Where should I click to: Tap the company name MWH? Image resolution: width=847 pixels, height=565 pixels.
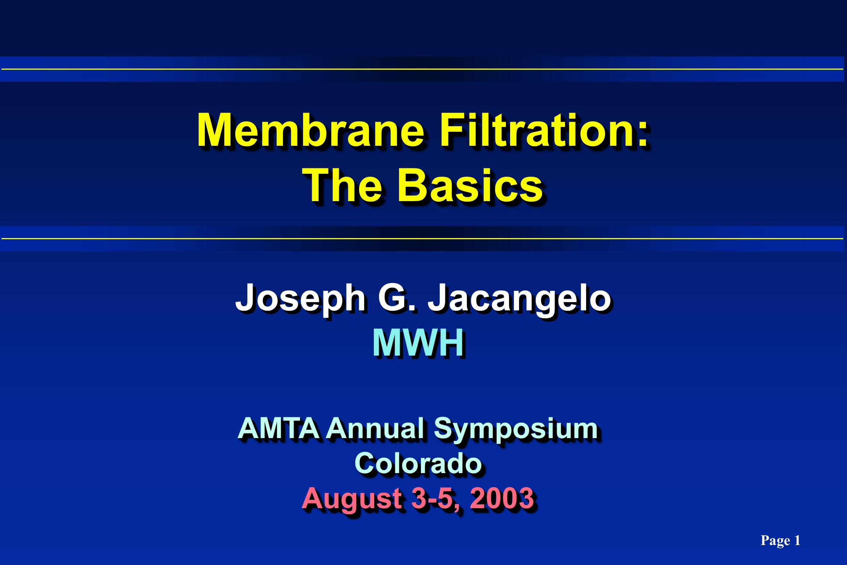(418, 344)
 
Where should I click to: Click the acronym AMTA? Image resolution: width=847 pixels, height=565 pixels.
(279, 429)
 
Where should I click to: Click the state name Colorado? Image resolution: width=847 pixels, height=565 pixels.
(418, 463)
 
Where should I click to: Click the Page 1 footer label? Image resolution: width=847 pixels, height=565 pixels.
(780, 541)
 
